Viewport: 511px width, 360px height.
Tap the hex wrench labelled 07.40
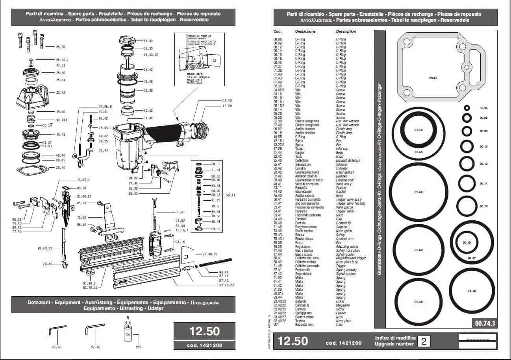click(92, 330)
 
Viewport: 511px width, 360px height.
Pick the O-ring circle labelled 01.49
click(418, 192)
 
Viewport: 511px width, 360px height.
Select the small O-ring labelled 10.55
click(467, 108)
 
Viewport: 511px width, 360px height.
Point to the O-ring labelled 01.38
click(472, 291)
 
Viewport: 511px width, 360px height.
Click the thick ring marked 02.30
click(418, 130)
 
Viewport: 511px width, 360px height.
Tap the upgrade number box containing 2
click(424, 341)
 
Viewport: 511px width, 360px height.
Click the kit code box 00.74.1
click(484, 323)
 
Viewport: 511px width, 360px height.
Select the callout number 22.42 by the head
click(61, 92)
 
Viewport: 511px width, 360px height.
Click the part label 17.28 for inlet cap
click(227, 106)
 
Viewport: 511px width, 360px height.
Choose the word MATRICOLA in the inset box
click(194, 74)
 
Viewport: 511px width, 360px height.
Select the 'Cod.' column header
click(278, 31)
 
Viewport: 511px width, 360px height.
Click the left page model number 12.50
click(204, 331)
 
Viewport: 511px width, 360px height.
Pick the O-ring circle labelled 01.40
click(418, 302)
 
